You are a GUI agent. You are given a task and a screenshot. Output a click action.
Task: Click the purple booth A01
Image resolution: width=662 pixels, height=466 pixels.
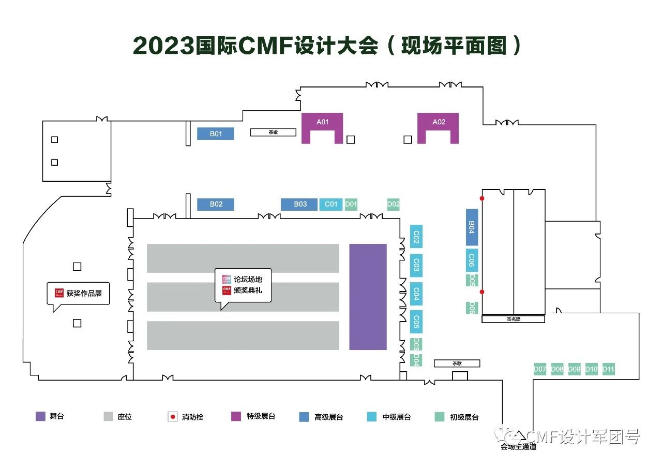click(322, 122)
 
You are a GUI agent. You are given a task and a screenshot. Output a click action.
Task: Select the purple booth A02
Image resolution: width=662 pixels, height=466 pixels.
click(438, 122)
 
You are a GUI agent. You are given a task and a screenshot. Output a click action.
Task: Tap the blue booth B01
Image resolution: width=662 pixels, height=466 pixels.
click(216, 134)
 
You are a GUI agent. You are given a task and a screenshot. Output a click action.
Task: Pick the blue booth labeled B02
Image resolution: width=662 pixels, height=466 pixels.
click(216, 205)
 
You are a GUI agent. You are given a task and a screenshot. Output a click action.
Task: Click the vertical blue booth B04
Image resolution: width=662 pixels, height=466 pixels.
click(472, 227)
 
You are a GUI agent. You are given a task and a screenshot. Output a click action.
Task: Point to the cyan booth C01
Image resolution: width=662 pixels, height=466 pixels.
click(331, 205)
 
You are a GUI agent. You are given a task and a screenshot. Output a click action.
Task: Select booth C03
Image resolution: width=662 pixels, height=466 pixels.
click(416, 266)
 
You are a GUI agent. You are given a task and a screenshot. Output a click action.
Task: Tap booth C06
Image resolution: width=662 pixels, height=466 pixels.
click(472, 259)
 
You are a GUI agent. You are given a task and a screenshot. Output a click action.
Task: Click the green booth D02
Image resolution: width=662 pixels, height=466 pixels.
click(394, 205)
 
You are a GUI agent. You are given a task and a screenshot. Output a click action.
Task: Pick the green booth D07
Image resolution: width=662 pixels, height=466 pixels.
click(540, 369)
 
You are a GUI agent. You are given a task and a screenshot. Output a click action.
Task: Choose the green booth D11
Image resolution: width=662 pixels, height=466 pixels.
click(608, 369)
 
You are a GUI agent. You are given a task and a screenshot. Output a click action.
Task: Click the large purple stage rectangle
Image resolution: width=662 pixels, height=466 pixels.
click(368, 297)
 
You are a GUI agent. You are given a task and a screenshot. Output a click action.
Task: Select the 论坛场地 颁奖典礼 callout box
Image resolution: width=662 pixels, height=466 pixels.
click(243, 285)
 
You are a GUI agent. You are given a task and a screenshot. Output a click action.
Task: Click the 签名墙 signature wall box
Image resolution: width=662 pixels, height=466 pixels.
click(513, 319)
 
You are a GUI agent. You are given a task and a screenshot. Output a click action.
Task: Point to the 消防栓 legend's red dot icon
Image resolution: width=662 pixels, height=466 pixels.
click(174, 417)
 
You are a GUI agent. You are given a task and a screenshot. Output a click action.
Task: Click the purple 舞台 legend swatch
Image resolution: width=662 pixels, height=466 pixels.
click(41, 416)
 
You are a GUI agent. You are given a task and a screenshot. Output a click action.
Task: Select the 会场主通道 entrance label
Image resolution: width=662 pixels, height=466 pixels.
click(518, 447)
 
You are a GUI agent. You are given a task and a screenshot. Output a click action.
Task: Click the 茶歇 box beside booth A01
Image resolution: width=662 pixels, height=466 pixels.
click(273, 132)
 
